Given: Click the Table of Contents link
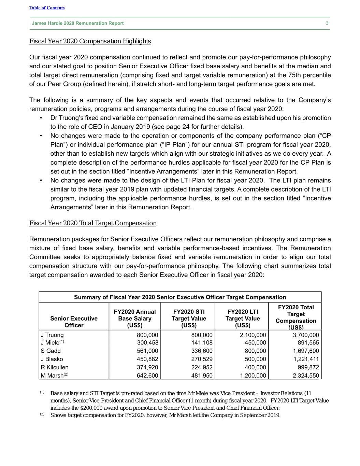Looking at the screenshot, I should tap(47, 8).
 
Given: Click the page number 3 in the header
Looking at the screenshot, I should tap(327, 23).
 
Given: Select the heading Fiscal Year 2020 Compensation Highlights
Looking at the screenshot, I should tap(90, 41).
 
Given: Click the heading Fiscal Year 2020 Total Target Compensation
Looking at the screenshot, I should tap(93, 223).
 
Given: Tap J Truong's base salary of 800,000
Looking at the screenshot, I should tap(147, 335).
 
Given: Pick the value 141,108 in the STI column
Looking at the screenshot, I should tap(202, 343).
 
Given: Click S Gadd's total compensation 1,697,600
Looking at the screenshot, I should tap(306, 351).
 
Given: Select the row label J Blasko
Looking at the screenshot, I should tap(52, 359).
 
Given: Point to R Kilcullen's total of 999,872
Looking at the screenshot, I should tap(308, 367).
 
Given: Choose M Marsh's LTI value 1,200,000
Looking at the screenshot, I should tap(253, 376).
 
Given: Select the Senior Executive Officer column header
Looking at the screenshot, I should tap(74, 322).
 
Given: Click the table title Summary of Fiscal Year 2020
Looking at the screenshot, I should tap(180, 297).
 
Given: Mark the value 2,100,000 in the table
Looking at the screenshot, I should tap(253, 335).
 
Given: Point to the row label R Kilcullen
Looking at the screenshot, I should tap(55, 367).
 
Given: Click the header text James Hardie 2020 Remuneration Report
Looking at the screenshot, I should tap(78, 23).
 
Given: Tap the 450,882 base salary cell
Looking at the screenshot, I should tap(147, 359).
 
